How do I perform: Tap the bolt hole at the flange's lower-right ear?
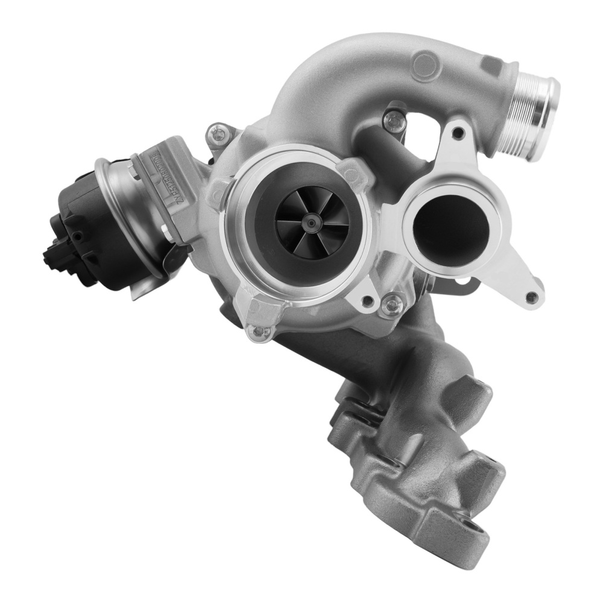click(531, 297)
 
